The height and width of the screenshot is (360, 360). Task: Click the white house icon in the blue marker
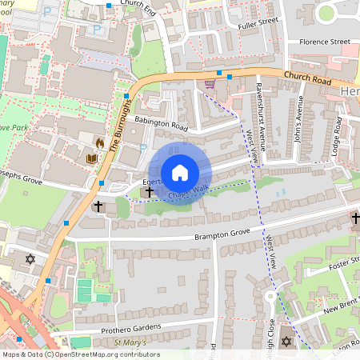[180, 173]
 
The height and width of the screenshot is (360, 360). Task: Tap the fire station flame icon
[100, 143]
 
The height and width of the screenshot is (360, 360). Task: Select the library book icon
[90, 158]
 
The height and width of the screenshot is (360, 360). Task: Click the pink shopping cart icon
[210, 83]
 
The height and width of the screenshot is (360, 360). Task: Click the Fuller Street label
[258, 24]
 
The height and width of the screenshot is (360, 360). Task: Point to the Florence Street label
[324, 41]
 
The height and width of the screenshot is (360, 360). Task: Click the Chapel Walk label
[187, 190]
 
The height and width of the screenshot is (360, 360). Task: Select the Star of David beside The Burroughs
[31, 260]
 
